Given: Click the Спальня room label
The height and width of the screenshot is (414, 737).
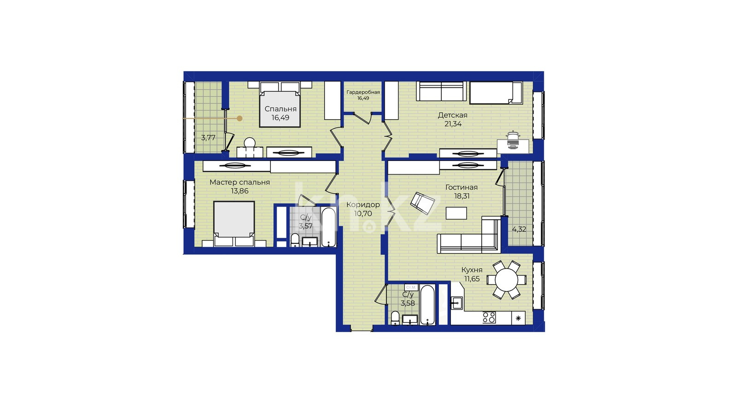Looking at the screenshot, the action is [281, 109].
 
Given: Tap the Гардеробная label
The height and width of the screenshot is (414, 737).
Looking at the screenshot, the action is [363, 92].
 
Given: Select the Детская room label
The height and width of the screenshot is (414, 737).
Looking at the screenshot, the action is [452, 115].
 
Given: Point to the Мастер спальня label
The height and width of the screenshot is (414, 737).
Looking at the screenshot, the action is [240, 182].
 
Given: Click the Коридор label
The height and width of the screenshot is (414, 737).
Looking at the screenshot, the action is [363, 205].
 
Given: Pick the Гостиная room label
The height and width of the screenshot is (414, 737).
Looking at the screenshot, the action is [461, 187].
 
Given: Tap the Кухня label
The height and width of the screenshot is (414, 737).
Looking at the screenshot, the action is [472, 270].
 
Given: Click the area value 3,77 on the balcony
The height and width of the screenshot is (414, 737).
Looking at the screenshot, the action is [208, 138].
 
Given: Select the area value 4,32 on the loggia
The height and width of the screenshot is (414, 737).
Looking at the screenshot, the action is [519, 230].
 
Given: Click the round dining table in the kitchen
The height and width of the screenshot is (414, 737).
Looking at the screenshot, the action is [506, 280].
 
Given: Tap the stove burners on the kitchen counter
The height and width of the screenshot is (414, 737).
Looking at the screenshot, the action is [489, 318].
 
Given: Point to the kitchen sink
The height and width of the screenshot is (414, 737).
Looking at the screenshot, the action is [456, 303].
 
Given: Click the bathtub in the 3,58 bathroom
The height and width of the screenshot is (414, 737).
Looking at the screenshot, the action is [427, 305].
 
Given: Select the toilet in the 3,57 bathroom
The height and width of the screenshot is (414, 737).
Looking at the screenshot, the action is [295, 240].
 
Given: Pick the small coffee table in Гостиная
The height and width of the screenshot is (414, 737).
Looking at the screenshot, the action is [456, 213].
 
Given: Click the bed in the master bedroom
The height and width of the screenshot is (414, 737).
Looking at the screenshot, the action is [234, 224].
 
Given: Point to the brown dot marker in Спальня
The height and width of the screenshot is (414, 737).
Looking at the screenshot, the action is [240, 118].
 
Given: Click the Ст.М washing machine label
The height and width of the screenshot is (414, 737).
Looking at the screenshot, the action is [410, 287].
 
